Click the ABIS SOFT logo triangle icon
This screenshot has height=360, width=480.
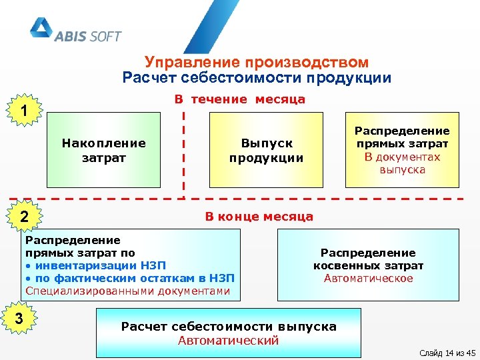[x=41, y=29]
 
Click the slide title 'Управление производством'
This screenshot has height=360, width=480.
[x=257, y=63]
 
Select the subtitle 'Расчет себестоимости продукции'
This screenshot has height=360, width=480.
[x=257, y=78]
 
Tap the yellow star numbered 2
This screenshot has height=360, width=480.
[x=24, y=216]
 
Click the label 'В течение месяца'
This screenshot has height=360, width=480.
[x=239, y=99]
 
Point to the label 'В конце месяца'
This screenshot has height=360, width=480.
[x=259, y=217]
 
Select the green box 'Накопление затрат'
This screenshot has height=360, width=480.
[x=103, y=150]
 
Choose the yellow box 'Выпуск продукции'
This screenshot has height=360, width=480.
[x=266, y=150]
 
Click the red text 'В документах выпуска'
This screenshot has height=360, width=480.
[x=402, y=163]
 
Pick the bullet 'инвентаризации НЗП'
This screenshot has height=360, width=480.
[x=99, y=265]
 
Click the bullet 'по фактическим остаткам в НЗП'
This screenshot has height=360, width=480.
[x=130, y=278]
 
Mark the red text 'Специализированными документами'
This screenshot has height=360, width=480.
[x=127, y=291]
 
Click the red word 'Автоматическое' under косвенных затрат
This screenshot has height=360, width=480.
[x=368, y=278]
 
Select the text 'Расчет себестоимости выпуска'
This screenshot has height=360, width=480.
[x=229, y=327]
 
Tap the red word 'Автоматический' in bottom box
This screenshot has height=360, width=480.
[x=228, y=340]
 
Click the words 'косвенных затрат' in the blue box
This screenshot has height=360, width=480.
[x=368, y=265]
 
